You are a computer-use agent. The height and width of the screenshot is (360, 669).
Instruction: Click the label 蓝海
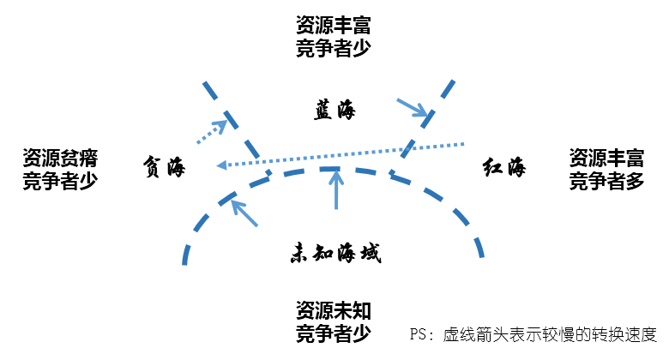point(334,111)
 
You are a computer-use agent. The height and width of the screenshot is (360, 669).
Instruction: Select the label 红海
point(504,166)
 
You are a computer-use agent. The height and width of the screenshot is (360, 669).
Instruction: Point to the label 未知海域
point(334,253)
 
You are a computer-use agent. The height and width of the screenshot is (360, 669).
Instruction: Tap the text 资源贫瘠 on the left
point(59,158)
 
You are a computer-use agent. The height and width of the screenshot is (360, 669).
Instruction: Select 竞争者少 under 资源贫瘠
point(59,181)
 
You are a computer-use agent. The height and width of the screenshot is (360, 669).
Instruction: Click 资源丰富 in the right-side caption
point(606,158)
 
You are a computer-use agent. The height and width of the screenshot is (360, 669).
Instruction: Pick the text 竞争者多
point(606,181)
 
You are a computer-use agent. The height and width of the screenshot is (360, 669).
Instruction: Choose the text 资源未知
point(334,309)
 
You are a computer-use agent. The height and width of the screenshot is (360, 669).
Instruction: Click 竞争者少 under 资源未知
point(334,332)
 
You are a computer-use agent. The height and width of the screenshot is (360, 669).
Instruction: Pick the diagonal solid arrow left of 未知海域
point(245,213)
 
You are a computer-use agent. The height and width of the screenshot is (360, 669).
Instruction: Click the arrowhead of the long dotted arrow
point(220,165)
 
